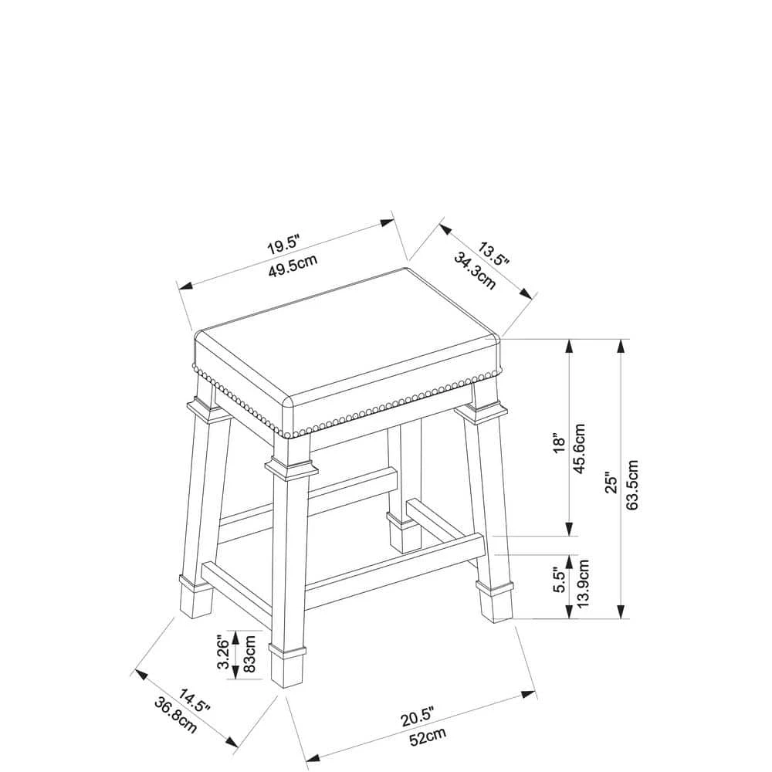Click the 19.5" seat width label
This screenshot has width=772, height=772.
283,245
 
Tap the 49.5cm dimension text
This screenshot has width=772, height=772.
293,266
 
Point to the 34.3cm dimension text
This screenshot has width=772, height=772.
475,270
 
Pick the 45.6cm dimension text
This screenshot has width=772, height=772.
580,448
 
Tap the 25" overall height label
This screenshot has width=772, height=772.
611,483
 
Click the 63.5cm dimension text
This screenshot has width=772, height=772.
632,485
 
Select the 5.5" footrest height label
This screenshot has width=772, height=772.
560,580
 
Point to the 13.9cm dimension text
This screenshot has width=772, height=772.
584,583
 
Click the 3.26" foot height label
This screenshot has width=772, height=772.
224,654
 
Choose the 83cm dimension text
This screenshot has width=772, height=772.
249,654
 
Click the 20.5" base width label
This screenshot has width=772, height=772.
417,717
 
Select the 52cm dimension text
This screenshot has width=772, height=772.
428,736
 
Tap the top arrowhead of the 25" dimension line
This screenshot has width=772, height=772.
621,346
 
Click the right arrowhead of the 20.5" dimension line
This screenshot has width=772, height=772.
530,694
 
